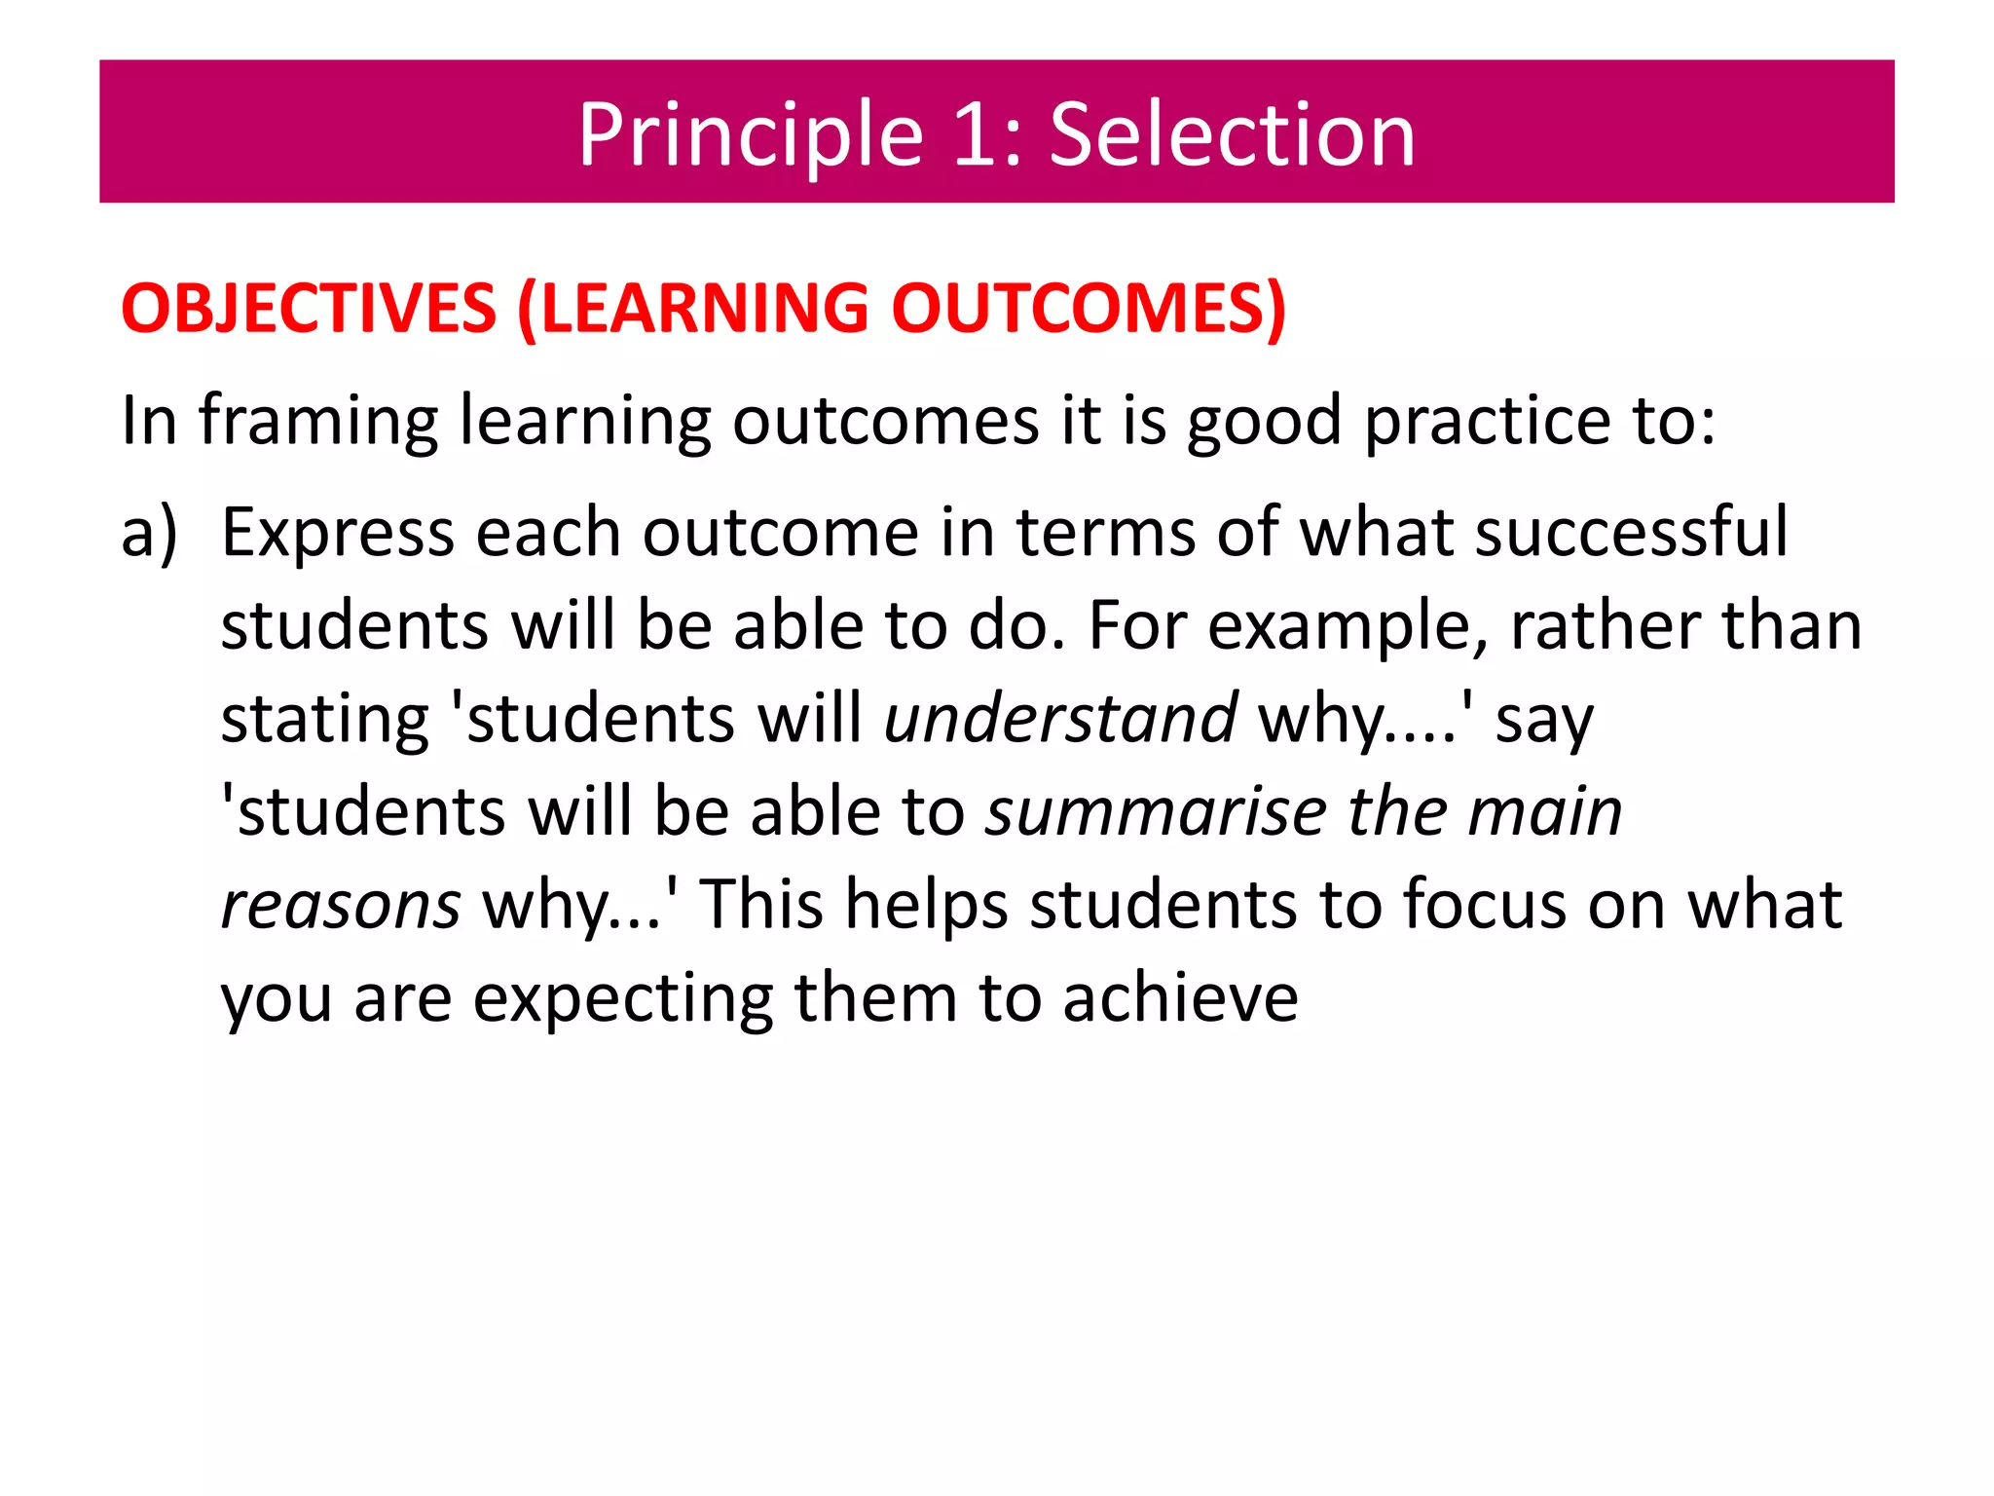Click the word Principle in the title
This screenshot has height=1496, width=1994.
pyautogui.click(x=750, y=136)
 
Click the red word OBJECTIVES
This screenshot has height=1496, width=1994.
pyautogui.click(x=309, y=310)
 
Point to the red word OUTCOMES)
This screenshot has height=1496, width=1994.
pyautogui.click(x=1089, y=310)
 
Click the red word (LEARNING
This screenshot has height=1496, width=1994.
pyautogui.click(x=692, y=310)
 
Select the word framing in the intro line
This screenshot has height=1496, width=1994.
pyautogui.click(x=317, y=422)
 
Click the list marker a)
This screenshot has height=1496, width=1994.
pyautogui.click(x=149, y=534)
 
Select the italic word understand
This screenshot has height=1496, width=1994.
pyautogui.click(x=1060, y=719)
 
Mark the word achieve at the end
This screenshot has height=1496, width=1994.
pyautogui.click(x=1180, y=998)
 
